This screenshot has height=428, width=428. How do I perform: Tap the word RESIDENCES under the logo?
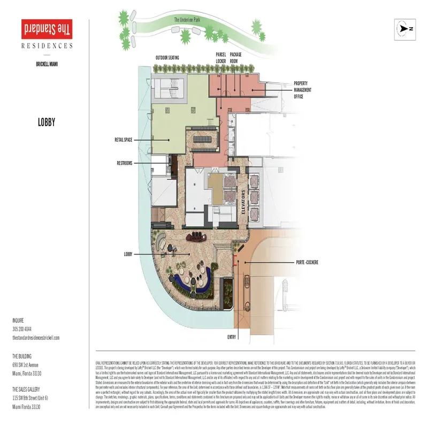47,46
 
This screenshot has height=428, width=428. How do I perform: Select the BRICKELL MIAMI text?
47,64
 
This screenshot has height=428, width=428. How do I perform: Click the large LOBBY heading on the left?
47,123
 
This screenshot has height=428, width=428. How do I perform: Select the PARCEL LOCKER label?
221,57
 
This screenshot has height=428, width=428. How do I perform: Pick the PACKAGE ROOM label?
236,57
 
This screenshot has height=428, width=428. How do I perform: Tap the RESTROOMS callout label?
124,163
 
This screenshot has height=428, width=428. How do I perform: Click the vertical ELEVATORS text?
243,202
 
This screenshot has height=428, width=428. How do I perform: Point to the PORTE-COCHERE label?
307,263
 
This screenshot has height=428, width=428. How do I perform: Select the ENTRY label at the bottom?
231,337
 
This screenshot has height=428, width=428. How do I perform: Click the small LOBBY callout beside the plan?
127,254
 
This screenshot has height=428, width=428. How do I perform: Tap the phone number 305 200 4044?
22,328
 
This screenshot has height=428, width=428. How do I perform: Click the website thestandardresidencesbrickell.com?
36,338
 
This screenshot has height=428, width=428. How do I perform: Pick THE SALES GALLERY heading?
29,389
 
